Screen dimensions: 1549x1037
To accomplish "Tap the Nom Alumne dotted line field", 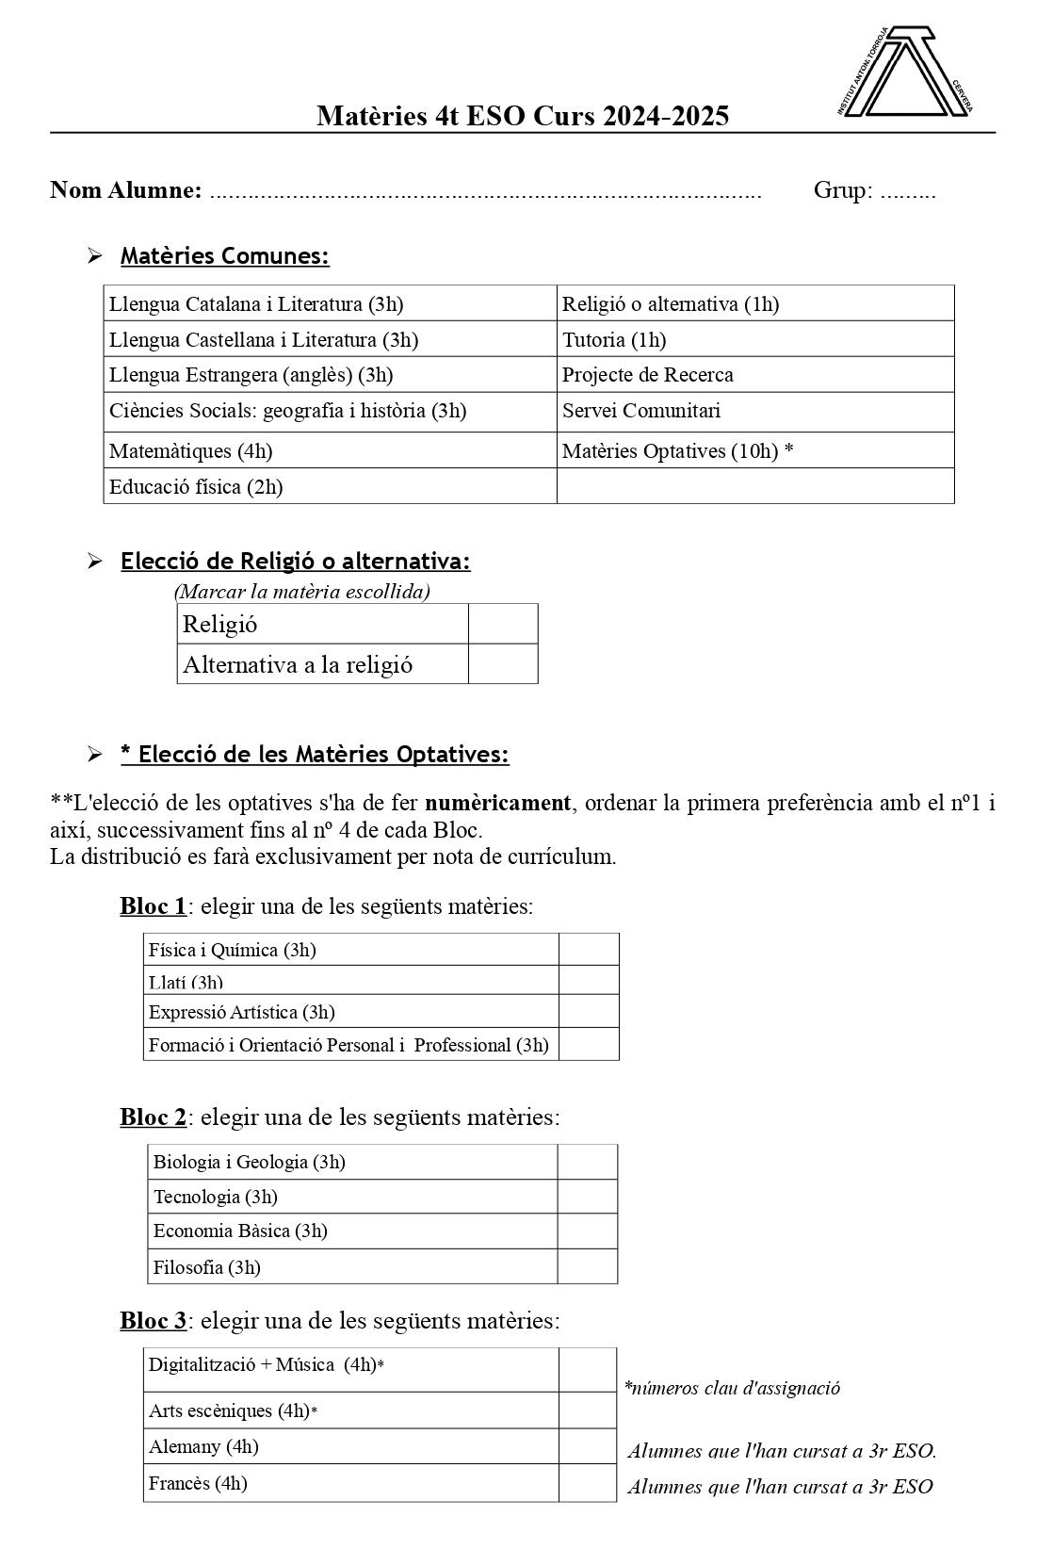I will point(485,193).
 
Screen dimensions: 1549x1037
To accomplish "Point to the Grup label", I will point(842,190).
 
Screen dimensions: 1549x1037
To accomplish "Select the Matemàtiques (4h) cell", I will point(330,450).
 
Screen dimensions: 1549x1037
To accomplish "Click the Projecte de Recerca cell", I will point(754,375).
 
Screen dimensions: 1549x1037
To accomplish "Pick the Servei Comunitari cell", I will point(754,411).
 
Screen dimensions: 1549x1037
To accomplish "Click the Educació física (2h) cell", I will point(330,486).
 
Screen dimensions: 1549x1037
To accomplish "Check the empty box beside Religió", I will point(503,624).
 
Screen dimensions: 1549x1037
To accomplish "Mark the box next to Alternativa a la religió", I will point(503,664).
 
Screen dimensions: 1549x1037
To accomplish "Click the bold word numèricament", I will point(497,803).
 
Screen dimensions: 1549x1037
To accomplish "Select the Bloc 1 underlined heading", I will point(153,906).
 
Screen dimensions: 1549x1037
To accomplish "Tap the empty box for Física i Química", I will point(589,950).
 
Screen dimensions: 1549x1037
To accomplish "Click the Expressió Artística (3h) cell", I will point(350,1012).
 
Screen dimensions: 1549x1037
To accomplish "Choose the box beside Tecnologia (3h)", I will point(588,1197).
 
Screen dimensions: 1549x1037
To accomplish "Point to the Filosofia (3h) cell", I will point(352,1267).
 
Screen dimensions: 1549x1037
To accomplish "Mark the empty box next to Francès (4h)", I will point(588,1483).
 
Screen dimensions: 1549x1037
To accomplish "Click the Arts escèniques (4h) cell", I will point(350,1410).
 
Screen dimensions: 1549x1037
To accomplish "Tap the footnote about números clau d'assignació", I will point(732,1388).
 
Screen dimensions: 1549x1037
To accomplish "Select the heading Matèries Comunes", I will point(224,255).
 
